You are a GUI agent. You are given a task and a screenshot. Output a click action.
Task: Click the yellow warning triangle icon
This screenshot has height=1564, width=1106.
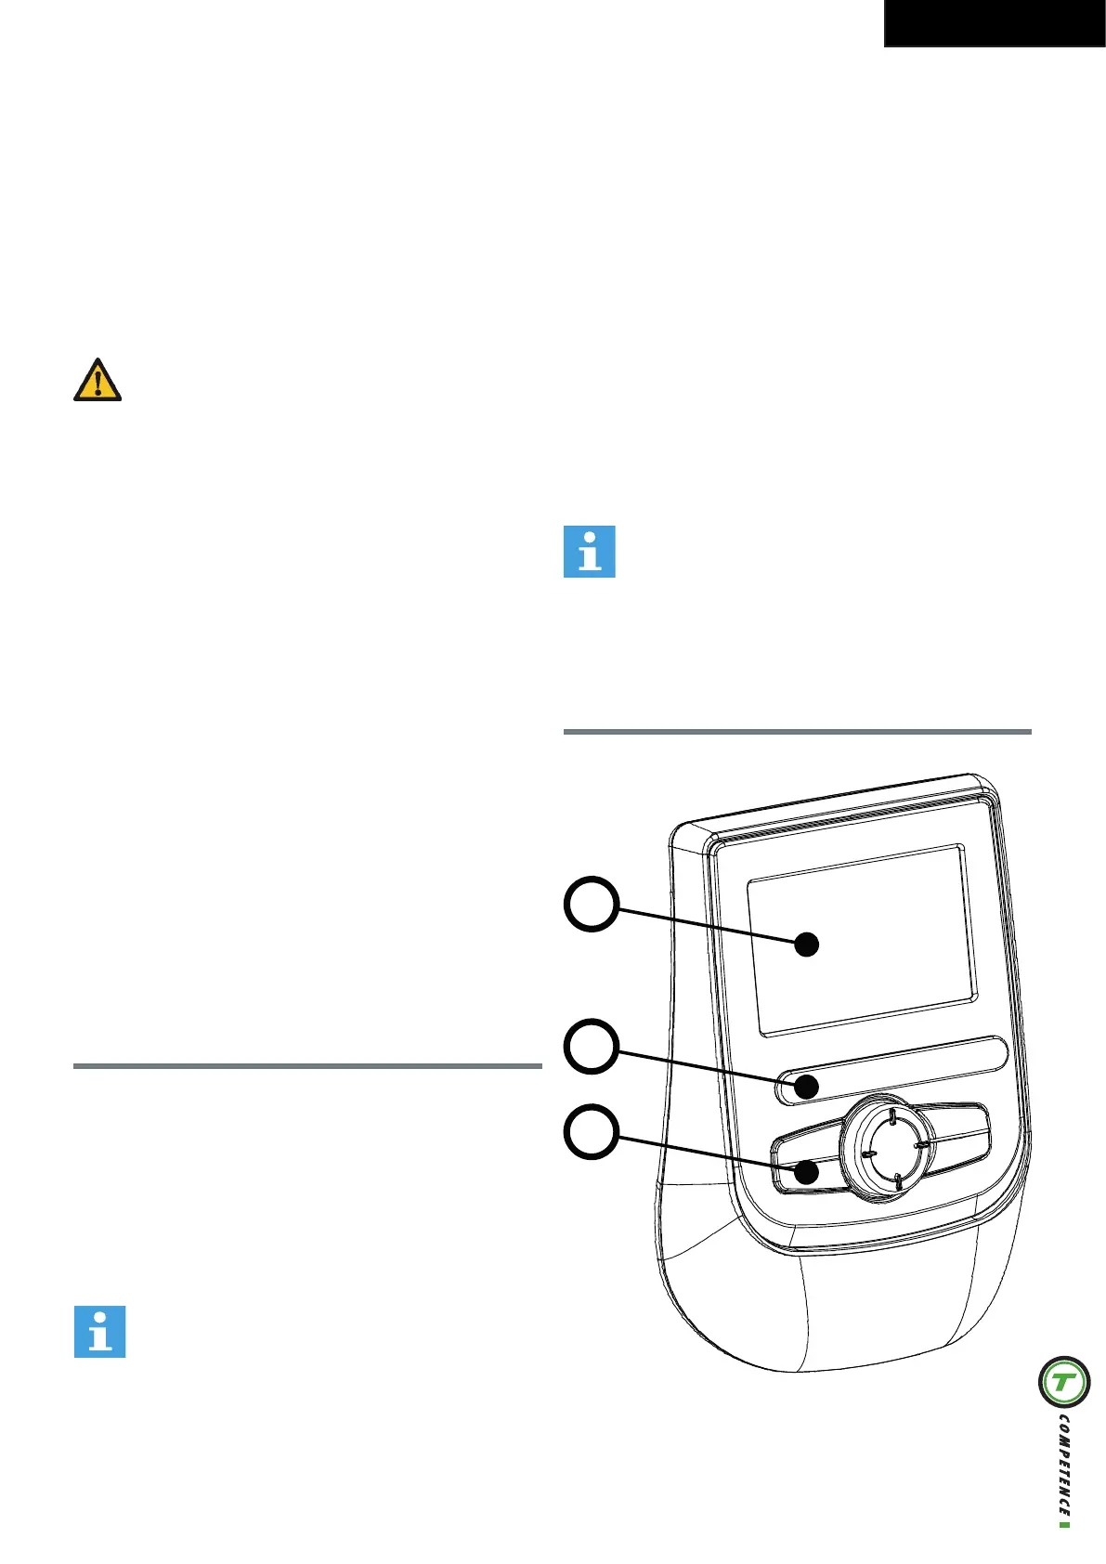click(98, 380)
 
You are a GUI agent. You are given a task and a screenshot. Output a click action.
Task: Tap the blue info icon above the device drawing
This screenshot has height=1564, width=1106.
click(590, 552)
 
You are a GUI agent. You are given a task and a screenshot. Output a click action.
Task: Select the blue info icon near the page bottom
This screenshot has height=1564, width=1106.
click(99, 1332)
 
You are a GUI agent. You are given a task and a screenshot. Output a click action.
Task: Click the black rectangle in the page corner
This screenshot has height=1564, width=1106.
click(994, 23)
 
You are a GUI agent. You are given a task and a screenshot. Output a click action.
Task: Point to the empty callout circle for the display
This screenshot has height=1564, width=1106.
click(592, 905)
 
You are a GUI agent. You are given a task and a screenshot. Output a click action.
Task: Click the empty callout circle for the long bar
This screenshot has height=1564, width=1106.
click(592, 1048)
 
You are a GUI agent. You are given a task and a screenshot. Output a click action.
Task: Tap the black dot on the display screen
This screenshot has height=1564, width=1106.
click(808, 945)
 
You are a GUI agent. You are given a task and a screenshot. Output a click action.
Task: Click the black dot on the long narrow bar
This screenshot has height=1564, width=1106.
click(808, 1085)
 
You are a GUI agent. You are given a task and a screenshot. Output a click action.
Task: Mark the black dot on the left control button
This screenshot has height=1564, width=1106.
click(807, 1171)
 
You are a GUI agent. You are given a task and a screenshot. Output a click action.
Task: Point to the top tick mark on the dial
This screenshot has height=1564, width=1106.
click(890, 1115)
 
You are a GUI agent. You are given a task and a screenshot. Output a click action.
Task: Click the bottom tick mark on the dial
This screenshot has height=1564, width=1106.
click(897, 1180)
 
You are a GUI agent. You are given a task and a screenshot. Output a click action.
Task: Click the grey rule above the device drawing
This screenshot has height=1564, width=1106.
click(797, 732)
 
